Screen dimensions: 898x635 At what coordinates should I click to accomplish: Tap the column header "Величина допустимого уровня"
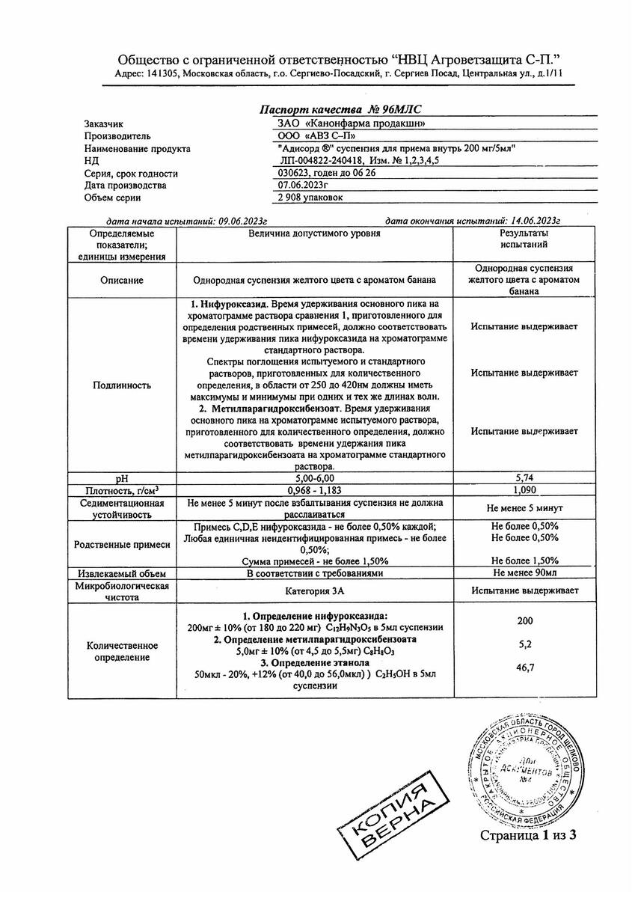tap(315, 233)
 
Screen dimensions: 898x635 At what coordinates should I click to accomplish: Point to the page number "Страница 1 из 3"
tap(530, 834)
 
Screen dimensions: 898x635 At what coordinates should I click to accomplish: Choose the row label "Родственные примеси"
tap(122, 543)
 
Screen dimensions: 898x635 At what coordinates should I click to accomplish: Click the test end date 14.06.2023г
tap(528, 222)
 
